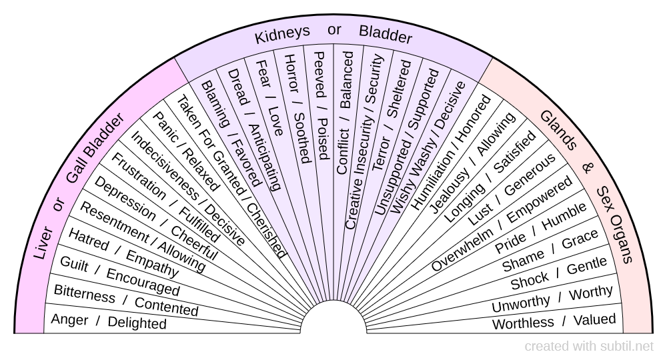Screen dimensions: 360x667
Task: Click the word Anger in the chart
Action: tap(69, 320)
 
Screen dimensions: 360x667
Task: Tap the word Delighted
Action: tap(137, 323)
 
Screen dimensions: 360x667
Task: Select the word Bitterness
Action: tap(84, 293)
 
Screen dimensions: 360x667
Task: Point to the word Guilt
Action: tap(74, 263)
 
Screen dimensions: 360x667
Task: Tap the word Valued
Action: tap(594, 319)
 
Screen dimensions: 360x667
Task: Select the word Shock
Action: tap(530, 281)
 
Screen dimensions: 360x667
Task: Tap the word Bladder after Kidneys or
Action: tap(386, 33)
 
